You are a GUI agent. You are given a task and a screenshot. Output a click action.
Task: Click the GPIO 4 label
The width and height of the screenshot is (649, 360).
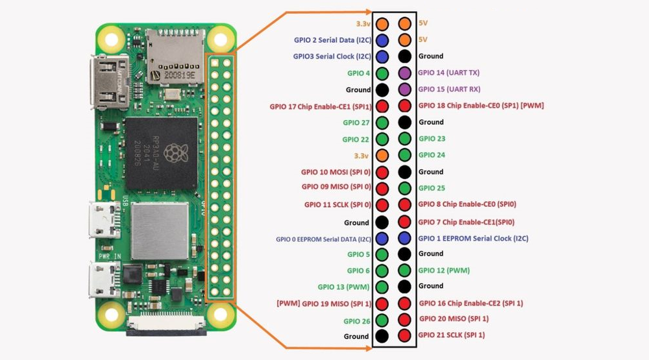358,73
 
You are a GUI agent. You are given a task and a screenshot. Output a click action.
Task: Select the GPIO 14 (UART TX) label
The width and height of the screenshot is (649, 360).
448,73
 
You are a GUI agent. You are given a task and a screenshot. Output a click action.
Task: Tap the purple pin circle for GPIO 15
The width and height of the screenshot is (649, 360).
404,90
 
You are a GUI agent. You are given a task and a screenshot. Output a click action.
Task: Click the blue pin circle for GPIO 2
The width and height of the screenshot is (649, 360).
382,40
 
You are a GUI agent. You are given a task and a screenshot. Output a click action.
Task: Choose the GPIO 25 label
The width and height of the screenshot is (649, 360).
432,188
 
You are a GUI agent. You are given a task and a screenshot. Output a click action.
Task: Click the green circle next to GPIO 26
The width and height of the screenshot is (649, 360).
382,320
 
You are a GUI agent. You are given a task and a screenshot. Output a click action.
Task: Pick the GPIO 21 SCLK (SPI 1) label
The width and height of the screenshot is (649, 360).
451,335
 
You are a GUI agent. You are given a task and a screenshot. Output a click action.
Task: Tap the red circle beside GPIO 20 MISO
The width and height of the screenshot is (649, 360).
404,319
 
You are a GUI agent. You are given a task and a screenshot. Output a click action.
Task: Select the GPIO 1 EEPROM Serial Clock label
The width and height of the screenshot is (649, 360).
473,238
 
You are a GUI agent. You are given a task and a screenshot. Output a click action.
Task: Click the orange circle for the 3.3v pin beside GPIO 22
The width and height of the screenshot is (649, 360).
382,156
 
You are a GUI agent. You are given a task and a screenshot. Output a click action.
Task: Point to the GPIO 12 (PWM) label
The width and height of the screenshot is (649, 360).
444,270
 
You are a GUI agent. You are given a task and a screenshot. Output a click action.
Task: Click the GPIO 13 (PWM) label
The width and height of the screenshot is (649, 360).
343,287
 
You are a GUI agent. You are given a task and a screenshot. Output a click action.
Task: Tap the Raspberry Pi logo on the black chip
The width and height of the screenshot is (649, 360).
175,154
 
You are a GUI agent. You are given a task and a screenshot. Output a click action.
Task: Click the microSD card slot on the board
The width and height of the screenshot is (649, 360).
175,56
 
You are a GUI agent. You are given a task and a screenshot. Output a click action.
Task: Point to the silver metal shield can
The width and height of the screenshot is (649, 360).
160,232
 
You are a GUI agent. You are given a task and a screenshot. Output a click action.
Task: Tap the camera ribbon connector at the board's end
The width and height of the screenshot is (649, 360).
166,326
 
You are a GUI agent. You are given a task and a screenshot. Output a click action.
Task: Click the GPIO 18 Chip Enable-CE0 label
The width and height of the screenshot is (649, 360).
481,106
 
